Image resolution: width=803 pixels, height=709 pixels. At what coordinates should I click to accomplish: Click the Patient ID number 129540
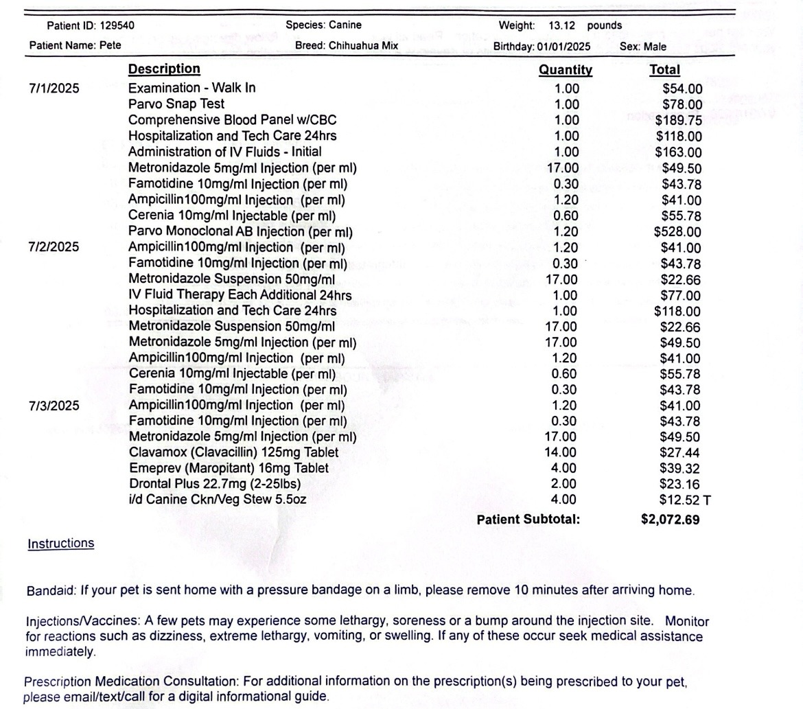tap(117, 26)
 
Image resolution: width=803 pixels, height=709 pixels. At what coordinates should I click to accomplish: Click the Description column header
tap(164, 69)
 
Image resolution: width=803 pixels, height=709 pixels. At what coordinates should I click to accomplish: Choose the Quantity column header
tap(566, 69)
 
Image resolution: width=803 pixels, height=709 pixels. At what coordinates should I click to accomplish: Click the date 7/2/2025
tap(54, 247)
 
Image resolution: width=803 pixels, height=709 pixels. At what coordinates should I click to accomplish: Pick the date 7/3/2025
tap(54, 406)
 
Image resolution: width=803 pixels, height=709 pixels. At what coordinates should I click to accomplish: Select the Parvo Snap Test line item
tap(176, 104)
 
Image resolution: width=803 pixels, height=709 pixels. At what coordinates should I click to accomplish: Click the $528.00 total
tap(677, 232)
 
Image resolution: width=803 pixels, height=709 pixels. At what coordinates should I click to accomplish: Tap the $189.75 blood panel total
tap(679, 120)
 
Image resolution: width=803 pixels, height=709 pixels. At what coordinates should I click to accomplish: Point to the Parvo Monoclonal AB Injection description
tap(240, 232)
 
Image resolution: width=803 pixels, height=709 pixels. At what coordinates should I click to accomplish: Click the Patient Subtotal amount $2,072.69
tap(670, 520)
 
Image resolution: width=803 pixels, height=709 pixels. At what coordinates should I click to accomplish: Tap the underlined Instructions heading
tap(60, 544)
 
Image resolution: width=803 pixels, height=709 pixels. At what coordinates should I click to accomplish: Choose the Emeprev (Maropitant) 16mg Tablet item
tap(229, 468)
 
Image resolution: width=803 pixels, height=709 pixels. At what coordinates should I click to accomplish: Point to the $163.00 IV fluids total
tap(679, 152)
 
